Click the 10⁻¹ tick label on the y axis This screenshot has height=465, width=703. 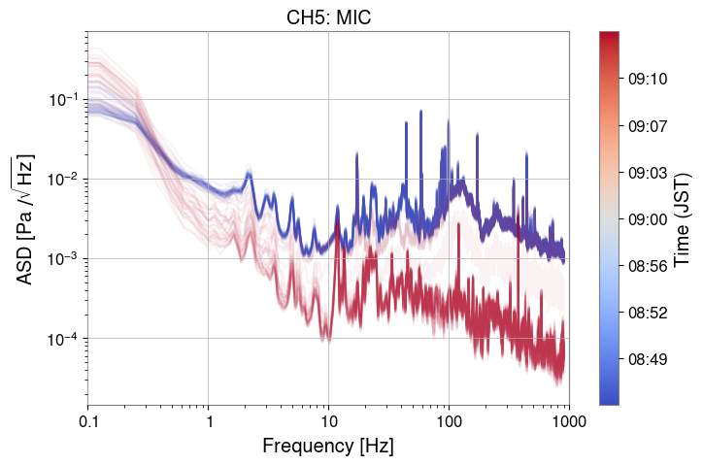click(x=63, y=100)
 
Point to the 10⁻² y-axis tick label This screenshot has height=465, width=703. click(x=63, y=180)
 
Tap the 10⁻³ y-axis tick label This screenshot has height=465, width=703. click(x=63, y=259)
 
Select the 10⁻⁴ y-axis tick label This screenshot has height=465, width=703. click(x=63, y=339)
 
